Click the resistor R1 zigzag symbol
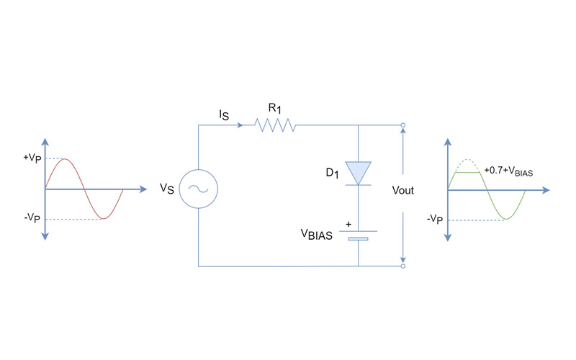[x=275, y=126]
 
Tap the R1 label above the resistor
[x=274, y=108]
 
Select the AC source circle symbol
[x=197, y=189]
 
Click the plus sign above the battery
[x=348, y=223]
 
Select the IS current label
[x=225, y=115]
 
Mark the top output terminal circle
[x=402, y=126]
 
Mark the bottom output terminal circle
[x=402, y=266]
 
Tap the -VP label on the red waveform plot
[x=31, y=218]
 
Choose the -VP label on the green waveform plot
[x=434, y=218]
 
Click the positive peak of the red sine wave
[x=64, y=159]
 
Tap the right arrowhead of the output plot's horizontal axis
[x=546, y=190]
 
